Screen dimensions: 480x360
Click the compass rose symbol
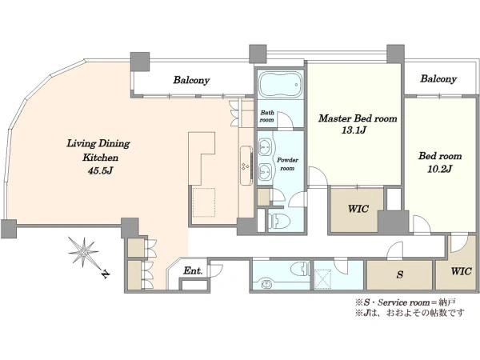point(83,252)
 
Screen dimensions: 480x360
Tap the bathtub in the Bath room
point(281,85)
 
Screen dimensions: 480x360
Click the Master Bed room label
point(358,118)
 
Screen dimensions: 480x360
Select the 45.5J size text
point(101,170)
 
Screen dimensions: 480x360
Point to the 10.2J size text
point(439,169)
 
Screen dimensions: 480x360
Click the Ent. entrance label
point(193,270)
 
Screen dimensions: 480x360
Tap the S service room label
point(400,274)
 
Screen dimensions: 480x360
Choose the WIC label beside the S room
point(461,271)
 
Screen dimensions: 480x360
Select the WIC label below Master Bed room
point(358,209)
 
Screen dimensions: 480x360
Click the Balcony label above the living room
point(191,80)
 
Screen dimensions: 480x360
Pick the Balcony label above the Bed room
point(438,78)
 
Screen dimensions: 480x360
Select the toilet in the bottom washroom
point(300,269)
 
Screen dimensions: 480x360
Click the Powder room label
point(287,164)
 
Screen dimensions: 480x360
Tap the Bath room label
point(267,116)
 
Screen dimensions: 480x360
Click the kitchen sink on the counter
point(246,166)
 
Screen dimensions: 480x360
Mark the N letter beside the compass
point(105,274)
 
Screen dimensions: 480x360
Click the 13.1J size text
point(354,130)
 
